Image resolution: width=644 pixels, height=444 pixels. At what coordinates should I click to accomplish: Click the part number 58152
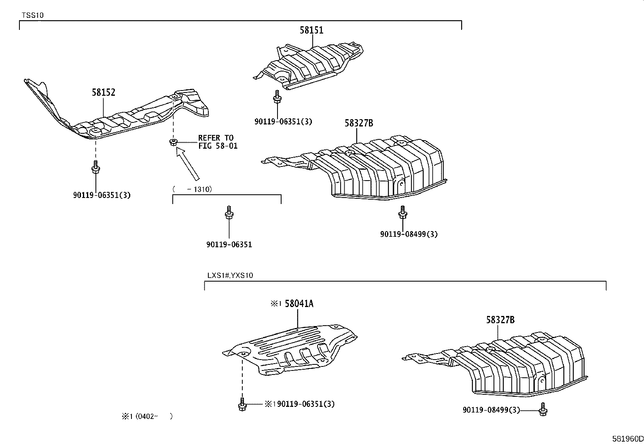click(x=104, y=92)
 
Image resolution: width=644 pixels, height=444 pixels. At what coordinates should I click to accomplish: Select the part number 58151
click(x=311, y=30)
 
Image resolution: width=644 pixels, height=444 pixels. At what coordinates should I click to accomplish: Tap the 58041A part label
click(x=299, y=303)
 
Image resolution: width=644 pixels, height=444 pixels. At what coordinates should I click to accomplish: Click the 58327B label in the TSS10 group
click(x=359, y=123)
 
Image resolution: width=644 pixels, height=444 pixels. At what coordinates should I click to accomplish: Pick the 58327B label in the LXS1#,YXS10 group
click(x=500, y=320)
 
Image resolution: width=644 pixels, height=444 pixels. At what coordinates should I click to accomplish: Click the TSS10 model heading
click(x=33, y=15)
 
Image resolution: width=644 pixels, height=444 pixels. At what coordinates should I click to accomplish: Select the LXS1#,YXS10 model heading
click(x=230, y=276)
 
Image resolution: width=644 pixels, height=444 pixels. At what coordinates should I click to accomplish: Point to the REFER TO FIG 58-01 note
click(x=218, y=142)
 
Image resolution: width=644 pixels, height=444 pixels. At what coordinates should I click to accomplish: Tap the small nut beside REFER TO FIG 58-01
click(x=174, y=142)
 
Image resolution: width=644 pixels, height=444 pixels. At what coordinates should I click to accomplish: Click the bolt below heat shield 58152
click(x=95, y=167)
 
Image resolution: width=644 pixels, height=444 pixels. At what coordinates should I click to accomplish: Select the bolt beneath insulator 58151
click(x=277, y=97)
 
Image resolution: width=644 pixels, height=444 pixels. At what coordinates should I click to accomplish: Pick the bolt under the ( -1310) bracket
click(x=229, y=213)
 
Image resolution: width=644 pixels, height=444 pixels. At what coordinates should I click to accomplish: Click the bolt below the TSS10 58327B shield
click(x=402, y=212)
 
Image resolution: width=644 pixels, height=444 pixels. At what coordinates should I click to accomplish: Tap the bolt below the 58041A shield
click(x=242, y=404)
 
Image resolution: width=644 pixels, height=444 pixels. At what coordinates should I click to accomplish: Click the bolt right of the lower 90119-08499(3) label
click(x=543, y=409)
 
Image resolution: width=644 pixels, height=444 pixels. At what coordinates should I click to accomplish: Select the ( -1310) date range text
click(x=192, y=189)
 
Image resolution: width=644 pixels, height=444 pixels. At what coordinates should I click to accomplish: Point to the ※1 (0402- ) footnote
click(x=147, y=416)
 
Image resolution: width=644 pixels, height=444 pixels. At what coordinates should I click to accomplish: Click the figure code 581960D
click(x=627, y=438)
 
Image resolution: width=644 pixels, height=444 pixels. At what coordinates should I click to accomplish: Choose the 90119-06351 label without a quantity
click(x=229, y=245)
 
